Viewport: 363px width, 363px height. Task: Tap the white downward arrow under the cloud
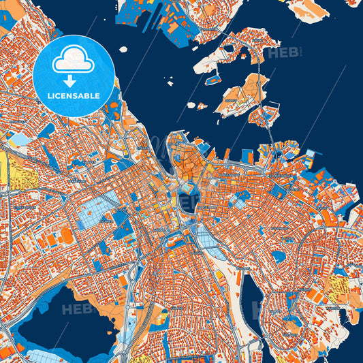(x=73, y=80)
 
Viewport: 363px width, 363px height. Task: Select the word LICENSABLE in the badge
(x=74, y=96)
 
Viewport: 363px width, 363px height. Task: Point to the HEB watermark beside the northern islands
(x=283, y=52)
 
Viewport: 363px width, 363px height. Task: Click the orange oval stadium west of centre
(x=67, y=235)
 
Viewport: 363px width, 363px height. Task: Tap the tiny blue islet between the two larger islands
(x=202, y=106)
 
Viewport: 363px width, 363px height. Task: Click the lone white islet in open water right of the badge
(x=123, y=49)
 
